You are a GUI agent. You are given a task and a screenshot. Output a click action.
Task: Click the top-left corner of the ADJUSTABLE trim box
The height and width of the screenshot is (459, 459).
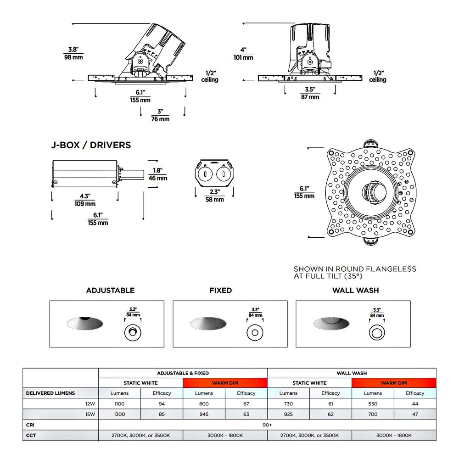[x=50, y=301]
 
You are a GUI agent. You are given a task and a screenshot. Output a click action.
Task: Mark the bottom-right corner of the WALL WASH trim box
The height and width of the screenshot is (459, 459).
[x=410, y=347]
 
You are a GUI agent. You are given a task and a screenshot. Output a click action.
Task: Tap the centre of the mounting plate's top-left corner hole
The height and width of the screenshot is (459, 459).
[x=331, y=153]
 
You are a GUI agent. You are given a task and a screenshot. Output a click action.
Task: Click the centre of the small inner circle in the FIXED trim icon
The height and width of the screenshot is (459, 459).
[x=255, y=332]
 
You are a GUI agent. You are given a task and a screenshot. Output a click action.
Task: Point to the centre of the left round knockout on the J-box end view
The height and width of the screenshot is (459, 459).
[x=205, y=174]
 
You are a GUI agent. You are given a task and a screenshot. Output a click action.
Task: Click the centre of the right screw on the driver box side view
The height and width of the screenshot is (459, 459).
[x=114, y=183]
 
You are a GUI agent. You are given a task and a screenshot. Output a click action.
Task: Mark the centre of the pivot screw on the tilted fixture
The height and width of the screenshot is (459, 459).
[x=140, y=62]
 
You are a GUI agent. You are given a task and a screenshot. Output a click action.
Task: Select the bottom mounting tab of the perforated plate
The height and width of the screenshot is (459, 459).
[x=370, y=241]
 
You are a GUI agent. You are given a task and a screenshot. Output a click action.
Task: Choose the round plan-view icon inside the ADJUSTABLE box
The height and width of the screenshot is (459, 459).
[x=133, y=332]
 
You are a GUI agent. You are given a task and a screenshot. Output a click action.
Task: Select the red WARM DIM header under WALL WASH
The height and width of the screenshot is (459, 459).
[x=394, y=383]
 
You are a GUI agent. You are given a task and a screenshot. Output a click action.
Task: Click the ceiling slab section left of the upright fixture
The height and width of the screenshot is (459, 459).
[x=271, y=78]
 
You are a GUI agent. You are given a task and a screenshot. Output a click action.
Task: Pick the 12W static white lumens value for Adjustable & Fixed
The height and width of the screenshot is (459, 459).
[x=119, y=403]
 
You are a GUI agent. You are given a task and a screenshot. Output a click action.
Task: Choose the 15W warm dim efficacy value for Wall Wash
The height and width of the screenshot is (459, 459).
[x=415, y=414]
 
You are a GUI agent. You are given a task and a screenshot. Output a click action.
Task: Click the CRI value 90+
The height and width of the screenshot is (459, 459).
[x=267, y=425]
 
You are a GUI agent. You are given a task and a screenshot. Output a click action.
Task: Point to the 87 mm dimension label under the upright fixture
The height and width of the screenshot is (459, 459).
[x=310, y=97]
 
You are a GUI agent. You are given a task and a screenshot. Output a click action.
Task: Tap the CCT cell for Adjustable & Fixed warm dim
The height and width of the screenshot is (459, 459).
[x=225, y=435]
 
